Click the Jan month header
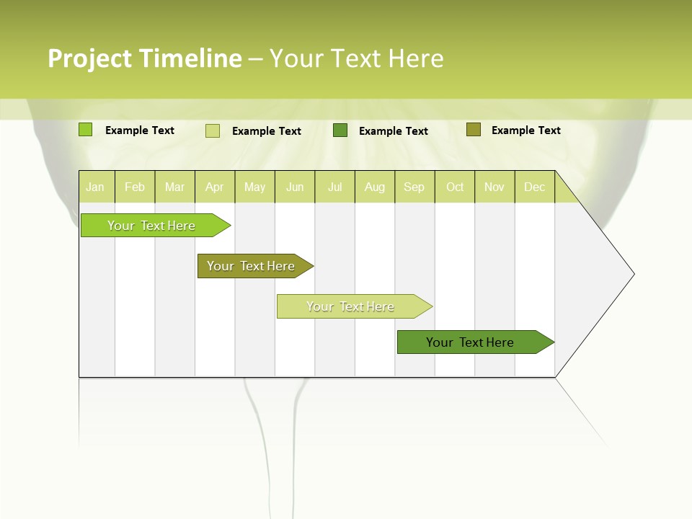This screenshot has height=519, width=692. click(x=95, y=187)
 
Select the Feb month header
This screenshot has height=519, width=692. click(x=135, y=187)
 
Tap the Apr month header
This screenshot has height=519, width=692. click(x=215, y=187)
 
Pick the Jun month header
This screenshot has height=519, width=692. click(x=295, y=187)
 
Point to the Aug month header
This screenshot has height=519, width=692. click(x=375, y=187)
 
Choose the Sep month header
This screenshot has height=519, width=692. click(x=414, y=187)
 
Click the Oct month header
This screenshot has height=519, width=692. click(x=455, y=187)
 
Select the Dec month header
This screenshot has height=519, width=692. click(x=535, y=187)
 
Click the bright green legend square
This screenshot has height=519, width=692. click(x=86, y=130)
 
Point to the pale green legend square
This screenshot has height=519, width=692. click(x=213, y=130)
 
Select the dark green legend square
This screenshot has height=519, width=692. click(x=340, y=130)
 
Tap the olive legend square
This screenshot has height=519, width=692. click(x=473, y=130)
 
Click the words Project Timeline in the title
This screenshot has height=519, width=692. click(x=144, y=58)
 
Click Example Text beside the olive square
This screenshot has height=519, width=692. click(x=525, y=130)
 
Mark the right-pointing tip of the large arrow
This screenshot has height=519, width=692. click(x=632, y=274)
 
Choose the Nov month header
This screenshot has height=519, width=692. click(x=494, y=187)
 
